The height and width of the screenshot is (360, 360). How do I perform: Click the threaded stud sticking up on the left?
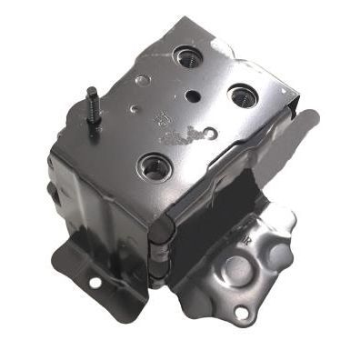(x=93, y=112)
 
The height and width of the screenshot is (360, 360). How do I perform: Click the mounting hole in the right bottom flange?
(x=240, y=313)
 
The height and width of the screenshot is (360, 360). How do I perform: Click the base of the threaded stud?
(x=95, y=133)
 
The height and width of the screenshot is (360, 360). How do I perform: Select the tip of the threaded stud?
(x=91, y=90)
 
